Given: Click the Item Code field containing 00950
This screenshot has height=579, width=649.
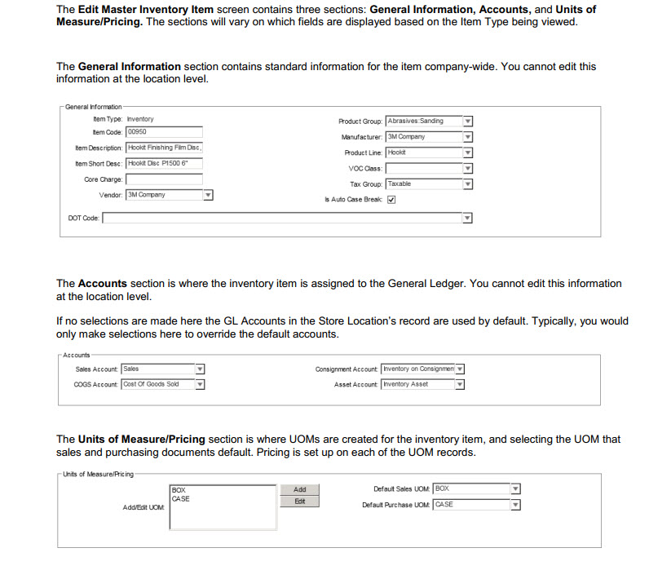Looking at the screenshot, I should pyautogui.click(x=163, y=131).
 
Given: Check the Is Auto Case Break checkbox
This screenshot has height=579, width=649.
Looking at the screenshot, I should pyautogui.click(x=391, y=200).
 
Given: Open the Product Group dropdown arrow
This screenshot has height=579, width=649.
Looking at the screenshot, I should pyautogui.click(x=468, y=122).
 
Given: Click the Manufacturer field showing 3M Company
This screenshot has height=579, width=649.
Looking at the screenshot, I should pyautogui.click(x=422, y=137).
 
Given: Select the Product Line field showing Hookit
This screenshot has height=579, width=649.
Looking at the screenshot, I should pyautogui.click(x=422, y=152).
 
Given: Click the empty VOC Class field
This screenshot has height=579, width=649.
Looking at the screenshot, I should pyautogui.click(x=422, y=168).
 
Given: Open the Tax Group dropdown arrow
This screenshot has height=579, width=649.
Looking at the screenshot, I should pyautogui.click(x=468, y=184).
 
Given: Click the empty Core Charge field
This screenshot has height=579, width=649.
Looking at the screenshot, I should pyautogui.click(x=163, y=179).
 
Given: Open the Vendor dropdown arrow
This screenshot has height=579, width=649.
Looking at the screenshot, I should pyautogui.click(x=208, y=195).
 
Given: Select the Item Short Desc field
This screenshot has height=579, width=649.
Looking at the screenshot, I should pyautogui.click(x=163, y=163).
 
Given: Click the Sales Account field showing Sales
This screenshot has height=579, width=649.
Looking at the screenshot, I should pyautogui.click(x=157, y=369).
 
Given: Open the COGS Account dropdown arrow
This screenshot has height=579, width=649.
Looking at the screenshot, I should pyautogui.click(x=200, y=385).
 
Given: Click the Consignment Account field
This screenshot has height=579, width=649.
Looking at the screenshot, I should pyautogui.click(x=417, y=369).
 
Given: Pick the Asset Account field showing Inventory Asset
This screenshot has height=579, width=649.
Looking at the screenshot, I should pyautogui.click(x=417, y=385).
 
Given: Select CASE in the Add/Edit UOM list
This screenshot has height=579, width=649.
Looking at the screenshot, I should pyautogui.click(x=181, y=499).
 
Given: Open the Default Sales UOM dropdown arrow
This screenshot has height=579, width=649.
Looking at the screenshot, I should pyautogui.click(x=515, y=489).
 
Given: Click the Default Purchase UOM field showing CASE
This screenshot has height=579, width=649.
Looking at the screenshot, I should pyautogui.click(x=471, y=505).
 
